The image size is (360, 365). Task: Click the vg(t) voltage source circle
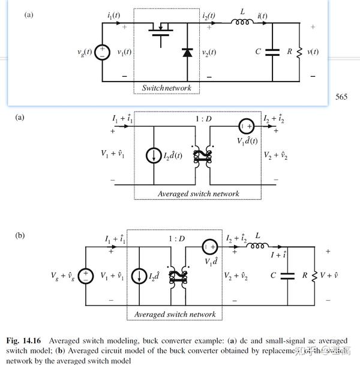[x=102, y=52]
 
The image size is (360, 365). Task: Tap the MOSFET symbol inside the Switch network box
[x=160, y=31]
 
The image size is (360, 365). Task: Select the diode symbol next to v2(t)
[x=187, y=53]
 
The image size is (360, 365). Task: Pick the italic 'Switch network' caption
[x=166, y=88]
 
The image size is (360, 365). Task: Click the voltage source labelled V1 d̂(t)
[x=246, y=127]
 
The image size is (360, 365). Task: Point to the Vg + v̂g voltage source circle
[x=86, y=276]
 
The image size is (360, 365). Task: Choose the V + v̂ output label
[x=328, y=276]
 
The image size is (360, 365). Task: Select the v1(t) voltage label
[x=124, y=52]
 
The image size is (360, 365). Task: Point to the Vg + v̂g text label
[x=63, y=276]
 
